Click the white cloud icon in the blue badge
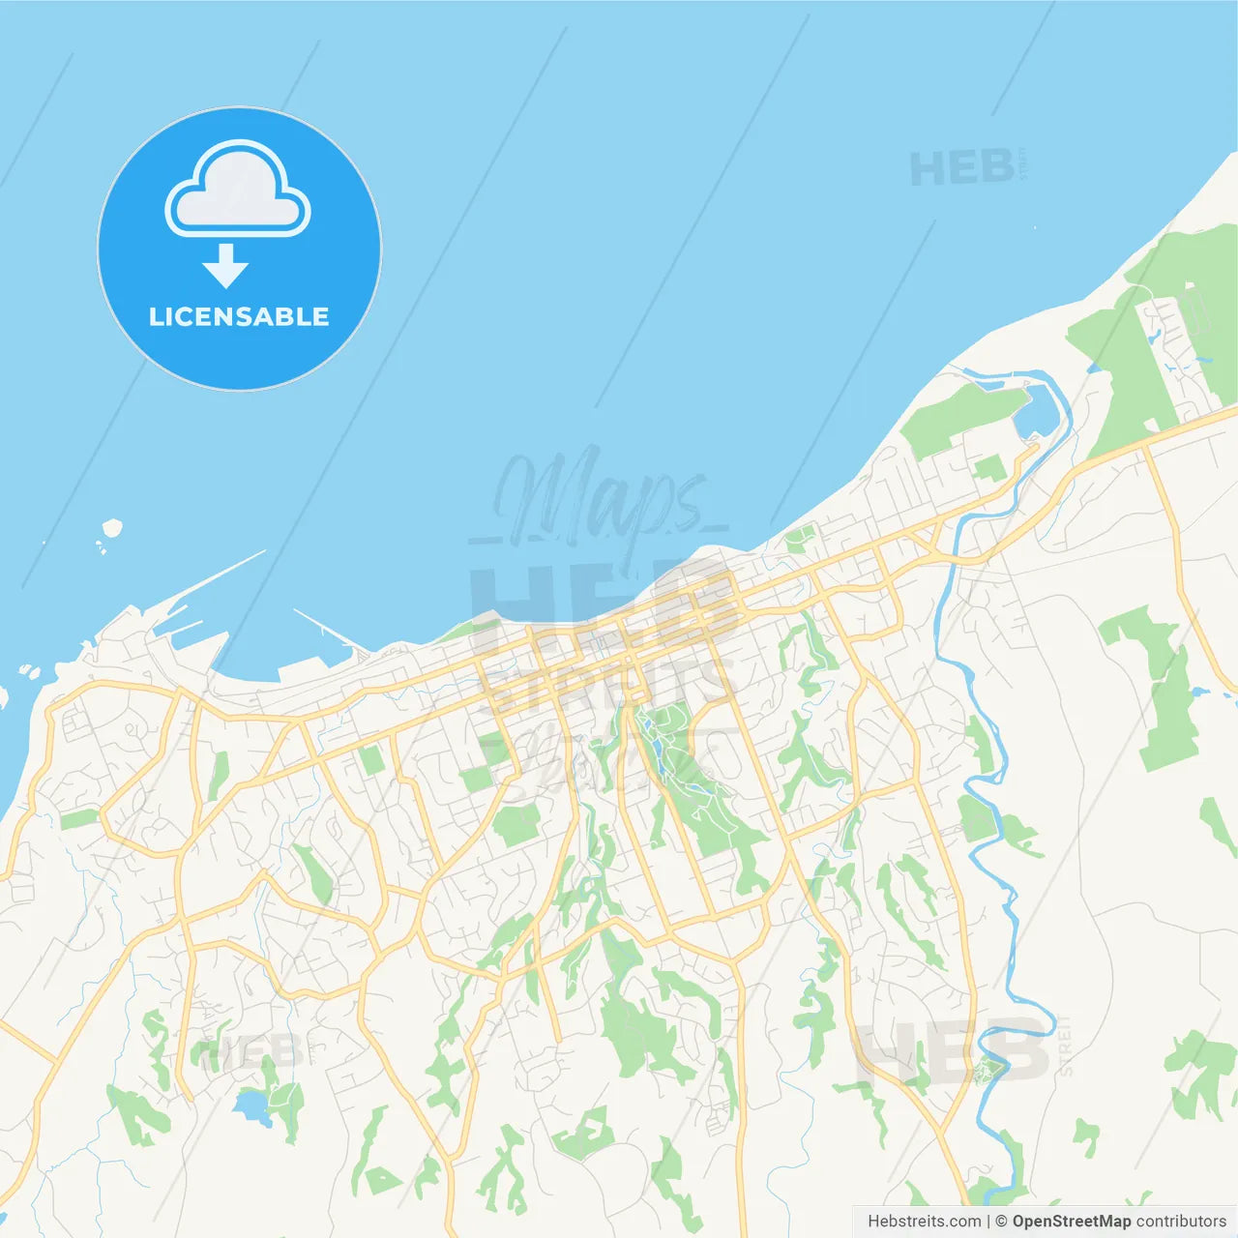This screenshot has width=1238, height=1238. (x=238, y=189)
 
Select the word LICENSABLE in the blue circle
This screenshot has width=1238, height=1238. (x=239, y=316)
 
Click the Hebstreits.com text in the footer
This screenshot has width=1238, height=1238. (x=924, y=1222)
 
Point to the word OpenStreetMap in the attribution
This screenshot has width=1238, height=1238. (x=1072, y=1222)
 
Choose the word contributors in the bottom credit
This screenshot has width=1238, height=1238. (x=1181, y=1222)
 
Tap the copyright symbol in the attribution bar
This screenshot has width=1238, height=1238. (x=1001, y=1222)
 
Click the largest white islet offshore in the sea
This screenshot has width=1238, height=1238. (x=113, y=528)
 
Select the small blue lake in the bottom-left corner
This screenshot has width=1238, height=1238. (x=252, y=1104)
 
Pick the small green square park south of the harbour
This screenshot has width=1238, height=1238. (x=371, y=759)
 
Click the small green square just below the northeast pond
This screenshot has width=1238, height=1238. (x=988, y=468)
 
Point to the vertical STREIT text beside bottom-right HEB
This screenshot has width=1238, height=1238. (x=1065, y=1046)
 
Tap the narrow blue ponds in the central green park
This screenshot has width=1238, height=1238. (x=658, y=751)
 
